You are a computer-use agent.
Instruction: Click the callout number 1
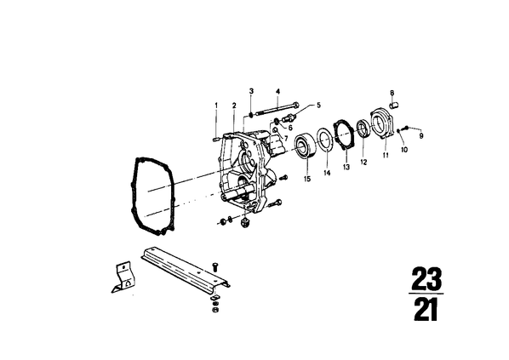[216, 106]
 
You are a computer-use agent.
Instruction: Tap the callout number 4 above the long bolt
[277, 91]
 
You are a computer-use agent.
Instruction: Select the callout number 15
[307, 179]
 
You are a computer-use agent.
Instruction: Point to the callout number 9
[421, 136]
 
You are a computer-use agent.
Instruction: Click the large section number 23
[427, 278]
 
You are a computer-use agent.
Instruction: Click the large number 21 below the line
[426, 310]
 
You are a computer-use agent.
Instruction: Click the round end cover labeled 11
[382, 125]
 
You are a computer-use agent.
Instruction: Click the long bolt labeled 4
[278, 109]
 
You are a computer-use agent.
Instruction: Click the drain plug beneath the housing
[244, 223]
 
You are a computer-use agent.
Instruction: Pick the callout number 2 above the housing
[234, 106]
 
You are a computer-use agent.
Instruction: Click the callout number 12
[363, 162]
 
